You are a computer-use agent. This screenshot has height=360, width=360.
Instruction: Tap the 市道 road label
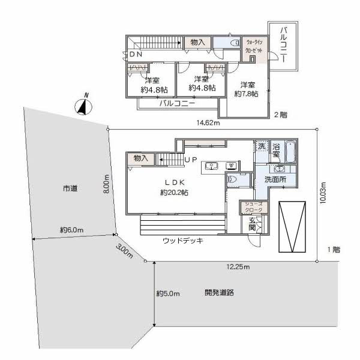(70, 188)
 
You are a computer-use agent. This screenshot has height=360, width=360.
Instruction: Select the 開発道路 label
(218, 293)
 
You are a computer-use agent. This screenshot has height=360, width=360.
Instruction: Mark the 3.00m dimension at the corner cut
(125, 251)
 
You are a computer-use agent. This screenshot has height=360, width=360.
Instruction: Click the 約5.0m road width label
(168, 293)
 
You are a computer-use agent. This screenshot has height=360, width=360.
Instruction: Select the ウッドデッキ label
(183, 240)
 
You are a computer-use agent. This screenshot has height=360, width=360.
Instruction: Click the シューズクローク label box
(251, 207)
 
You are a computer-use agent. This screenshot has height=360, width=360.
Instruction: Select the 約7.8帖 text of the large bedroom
(246, 94)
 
